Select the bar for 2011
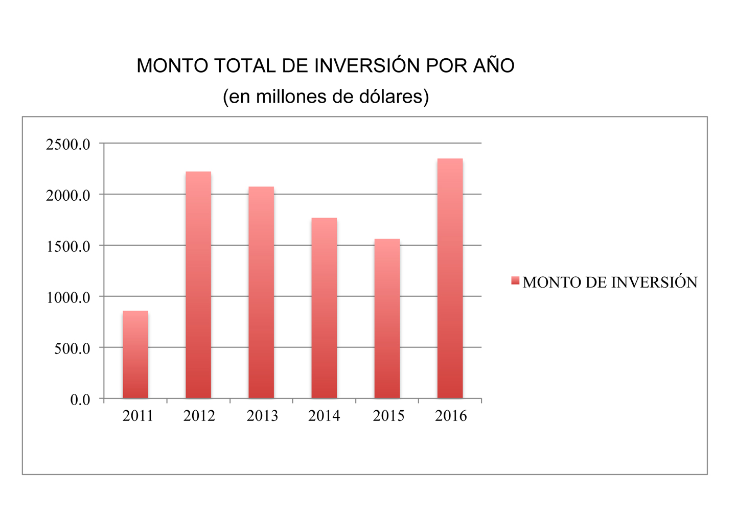pos(135,355)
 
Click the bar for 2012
pos(198,285)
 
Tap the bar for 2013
pos(261,293)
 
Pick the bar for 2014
pos(324,308)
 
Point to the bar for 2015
pos(387,319)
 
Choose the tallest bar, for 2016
pos(450,278)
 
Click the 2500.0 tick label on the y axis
pos(68,145)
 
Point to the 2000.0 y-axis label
pos(68,196)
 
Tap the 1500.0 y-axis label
pos(68,247)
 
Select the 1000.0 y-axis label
pos(68,298)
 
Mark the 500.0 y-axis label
pos(72,349)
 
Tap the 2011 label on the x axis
pos(138,416)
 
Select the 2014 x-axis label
pos(324,416)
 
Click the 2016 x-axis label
pos(451,416)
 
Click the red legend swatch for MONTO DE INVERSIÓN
pos(515,280)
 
